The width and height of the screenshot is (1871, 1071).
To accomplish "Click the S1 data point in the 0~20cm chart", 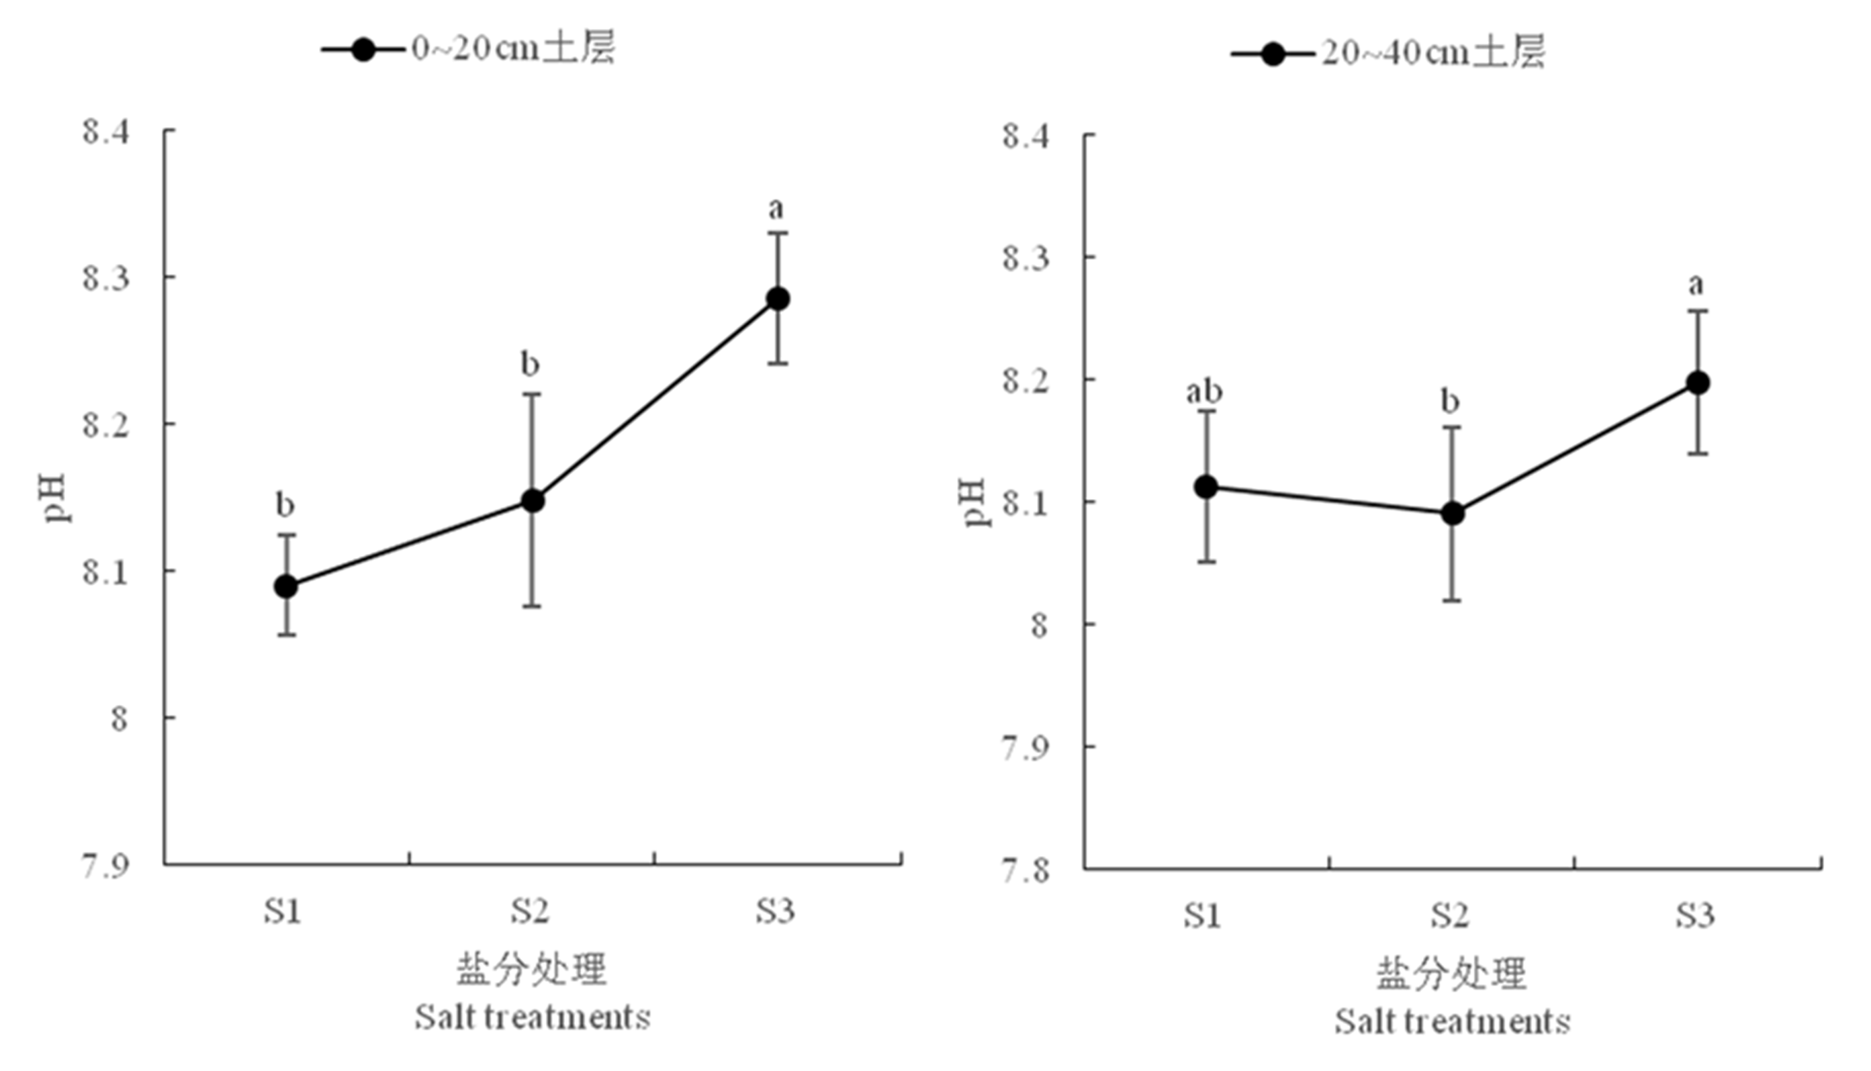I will (x=286, y=586).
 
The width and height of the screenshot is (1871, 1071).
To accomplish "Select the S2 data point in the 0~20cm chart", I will (x=532, y=501).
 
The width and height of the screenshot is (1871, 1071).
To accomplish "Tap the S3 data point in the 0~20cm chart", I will (x=778, y=299).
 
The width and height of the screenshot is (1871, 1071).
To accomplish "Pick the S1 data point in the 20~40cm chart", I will (x=1206, y=486).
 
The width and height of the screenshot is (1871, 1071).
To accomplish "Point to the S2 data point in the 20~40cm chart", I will (x=1452, y=514).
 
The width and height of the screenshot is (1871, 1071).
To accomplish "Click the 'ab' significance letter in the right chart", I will (x=1204, y=391).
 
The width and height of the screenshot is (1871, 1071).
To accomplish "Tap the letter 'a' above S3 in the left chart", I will (x=776, y=209).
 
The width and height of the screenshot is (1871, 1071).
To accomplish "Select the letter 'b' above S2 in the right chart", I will (x=1449, y=402).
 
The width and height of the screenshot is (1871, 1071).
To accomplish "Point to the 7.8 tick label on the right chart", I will (x=1026, y=871).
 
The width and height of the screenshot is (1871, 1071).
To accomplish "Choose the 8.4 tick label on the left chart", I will (x=106, y=132).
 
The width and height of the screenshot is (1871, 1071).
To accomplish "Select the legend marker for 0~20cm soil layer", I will (x=363, y=50).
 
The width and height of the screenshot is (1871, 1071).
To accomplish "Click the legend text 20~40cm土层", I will (x=1432, y=53).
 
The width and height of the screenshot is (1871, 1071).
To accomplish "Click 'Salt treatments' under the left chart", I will (x=533, y=1017).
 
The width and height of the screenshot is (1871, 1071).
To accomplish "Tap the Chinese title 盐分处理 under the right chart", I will (x=1452, y=973).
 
